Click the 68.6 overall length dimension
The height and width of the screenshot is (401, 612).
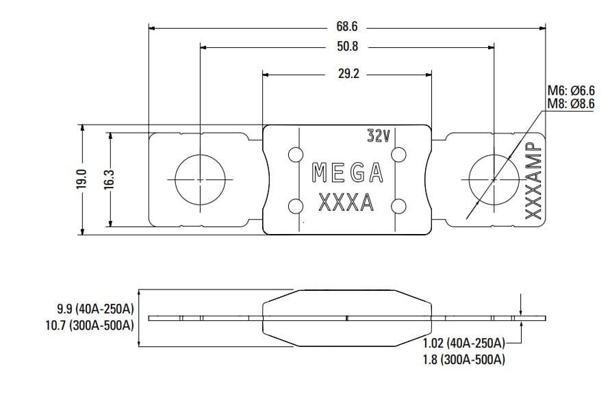348,27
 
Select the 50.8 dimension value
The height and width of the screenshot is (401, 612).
348,47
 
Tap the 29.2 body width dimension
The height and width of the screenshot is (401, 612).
348,73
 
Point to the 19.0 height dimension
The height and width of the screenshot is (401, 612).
81,180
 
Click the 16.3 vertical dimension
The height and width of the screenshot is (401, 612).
108,180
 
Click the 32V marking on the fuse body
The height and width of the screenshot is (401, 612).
378,136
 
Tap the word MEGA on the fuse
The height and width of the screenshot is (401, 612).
347,174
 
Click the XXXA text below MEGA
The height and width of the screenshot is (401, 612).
347,203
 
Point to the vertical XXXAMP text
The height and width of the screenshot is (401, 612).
533,180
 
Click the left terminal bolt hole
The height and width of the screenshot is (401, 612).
199,179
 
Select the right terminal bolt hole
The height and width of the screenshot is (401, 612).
494,179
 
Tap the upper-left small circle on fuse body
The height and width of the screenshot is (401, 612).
296,154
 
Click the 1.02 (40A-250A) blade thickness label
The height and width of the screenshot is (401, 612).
463,343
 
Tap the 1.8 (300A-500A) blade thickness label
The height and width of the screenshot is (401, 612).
463,359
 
